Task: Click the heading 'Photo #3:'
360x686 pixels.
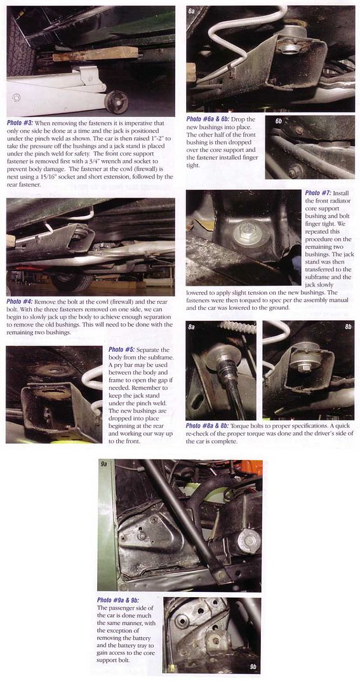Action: click(x=19, y=123)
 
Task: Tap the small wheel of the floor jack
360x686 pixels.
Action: click(x=117, y=102)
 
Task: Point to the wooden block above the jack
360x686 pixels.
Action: click(x=95, y=54)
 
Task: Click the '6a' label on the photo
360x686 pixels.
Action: click(x=192, y=11)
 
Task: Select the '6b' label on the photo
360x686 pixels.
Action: click(x=279, y=121)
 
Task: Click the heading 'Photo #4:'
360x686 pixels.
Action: click(x=19, y=302)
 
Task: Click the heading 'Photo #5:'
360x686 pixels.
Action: click(x=121, y=350)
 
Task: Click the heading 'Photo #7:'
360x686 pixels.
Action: click(x=319, y=193)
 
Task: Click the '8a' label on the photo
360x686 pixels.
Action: click(x=192, y=326)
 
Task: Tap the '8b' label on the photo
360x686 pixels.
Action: click(x=348, y=326)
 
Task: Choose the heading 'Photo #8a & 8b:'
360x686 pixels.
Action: click(x=208, y=426)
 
